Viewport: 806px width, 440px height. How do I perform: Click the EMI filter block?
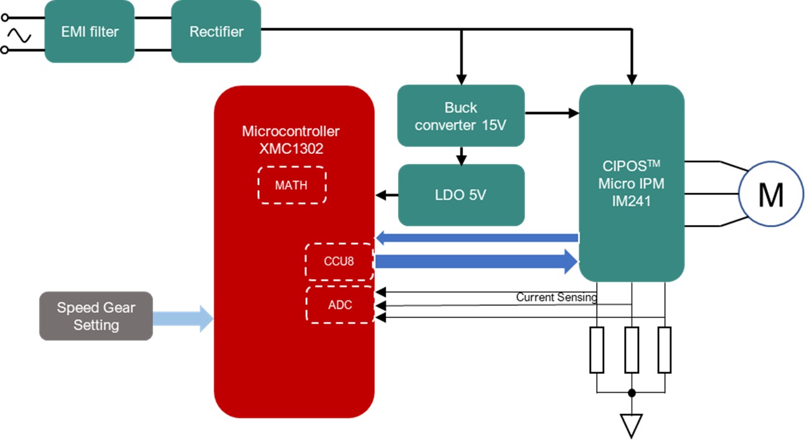click(x=90, y=31)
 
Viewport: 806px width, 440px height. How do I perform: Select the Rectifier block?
click(x=216, y=31)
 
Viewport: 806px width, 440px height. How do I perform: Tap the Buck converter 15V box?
click(x=461, y=116)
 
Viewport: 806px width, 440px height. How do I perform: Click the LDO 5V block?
click(x=461, y=195)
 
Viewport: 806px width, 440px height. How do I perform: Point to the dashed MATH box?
click(x=292, y=185)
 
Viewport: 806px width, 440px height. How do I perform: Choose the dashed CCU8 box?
click(x=339, y=261)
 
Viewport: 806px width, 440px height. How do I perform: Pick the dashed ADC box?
click(x=339, y=305)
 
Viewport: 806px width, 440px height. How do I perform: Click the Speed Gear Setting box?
click(x=96, y=316)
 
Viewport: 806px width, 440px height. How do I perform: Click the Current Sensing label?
click(x=556, y=297)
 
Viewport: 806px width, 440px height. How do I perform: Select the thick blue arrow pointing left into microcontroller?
click(x=476, y=237)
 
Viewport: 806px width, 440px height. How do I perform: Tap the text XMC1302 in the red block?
click(x=291, y=148)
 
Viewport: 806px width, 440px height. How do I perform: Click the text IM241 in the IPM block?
click(x=631, y=201)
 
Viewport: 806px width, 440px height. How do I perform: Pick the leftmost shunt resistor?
click(x=597, y=350)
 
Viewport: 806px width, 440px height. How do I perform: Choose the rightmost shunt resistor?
click(x=665, y=350)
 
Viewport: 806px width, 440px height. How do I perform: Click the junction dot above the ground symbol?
click(x=632, y=393)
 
